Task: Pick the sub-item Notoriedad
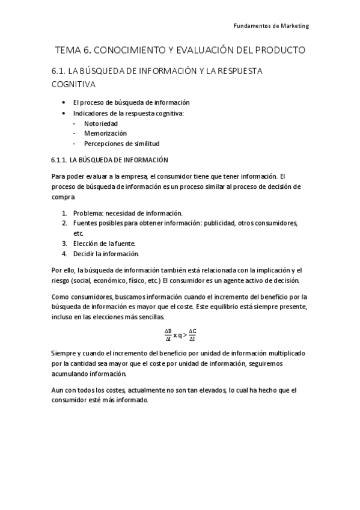(100, 123)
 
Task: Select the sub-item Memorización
(105, 133)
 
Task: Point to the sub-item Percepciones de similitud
(121, 143)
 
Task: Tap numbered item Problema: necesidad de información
(127, 213)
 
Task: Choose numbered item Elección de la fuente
(105, 243)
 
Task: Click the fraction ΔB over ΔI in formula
(168, 335)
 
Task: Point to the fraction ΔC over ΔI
(192, 335)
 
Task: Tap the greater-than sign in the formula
(185, 335)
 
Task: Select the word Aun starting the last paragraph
(58, 390)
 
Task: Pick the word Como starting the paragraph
(61, 296)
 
